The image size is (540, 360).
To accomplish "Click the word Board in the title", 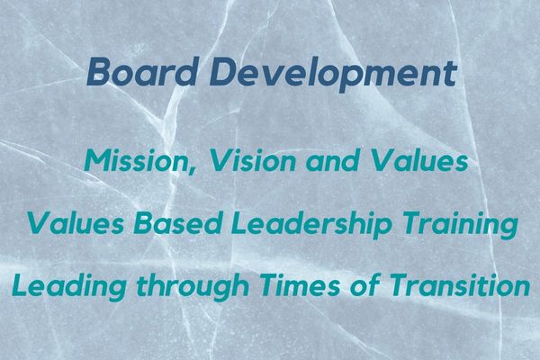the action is point(141,72).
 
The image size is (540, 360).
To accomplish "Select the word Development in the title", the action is point(333,75).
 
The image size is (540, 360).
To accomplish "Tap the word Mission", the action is point(139,162).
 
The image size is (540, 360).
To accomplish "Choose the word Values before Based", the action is point(75,223).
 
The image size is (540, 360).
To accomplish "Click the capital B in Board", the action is point(99,72).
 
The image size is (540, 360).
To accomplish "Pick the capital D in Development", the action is point(223,72).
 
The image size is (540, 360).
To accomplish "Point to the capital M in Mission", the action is point(99,161).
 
